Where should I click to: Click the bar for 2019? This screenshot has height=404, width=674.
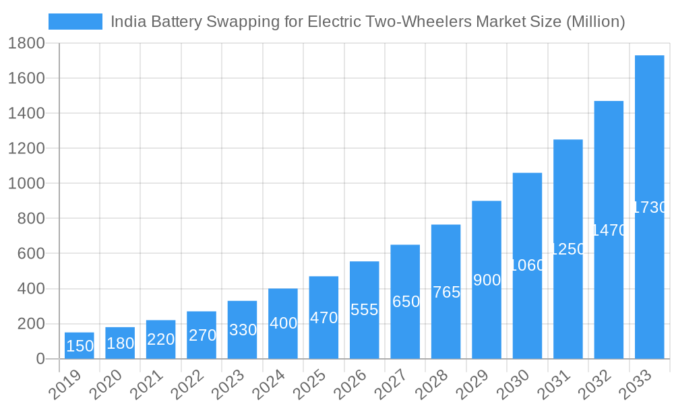[x=80, y=345]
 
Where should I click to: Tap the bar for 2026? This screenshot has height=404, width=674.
[x=364, y=310]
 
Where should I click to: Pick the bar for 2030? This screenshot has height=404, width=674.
[x=527, y=265]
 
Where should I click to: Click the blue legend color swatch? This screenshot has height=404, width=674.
[x=75, y=22]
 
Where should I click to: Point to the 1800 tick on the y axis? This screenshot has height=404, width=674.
[x=26, y=44]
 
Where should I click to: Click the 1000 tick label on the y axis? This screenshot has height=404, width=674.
[x=26, y=184]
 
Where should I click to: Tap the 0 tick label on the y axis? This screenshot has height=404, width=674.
[x=40, y=359]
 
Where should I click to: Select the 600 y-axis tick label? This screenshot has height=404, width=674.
[x=30, y=254]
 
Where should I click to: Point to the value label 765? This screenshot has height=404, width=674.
[x=446, y=292]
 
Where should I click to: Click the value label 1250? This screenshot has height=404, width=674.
[x=568, y=249]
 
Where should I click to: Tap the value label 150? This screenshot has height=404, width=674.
[x=80, y=346]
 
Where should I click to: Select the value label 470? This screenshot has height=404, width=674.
[x=324, y=318]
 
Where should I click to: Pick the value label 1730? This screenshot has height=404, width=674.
[x=650, y=207]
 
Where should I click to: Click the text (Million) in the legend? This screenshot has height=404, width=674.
[x=595, y=22]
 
